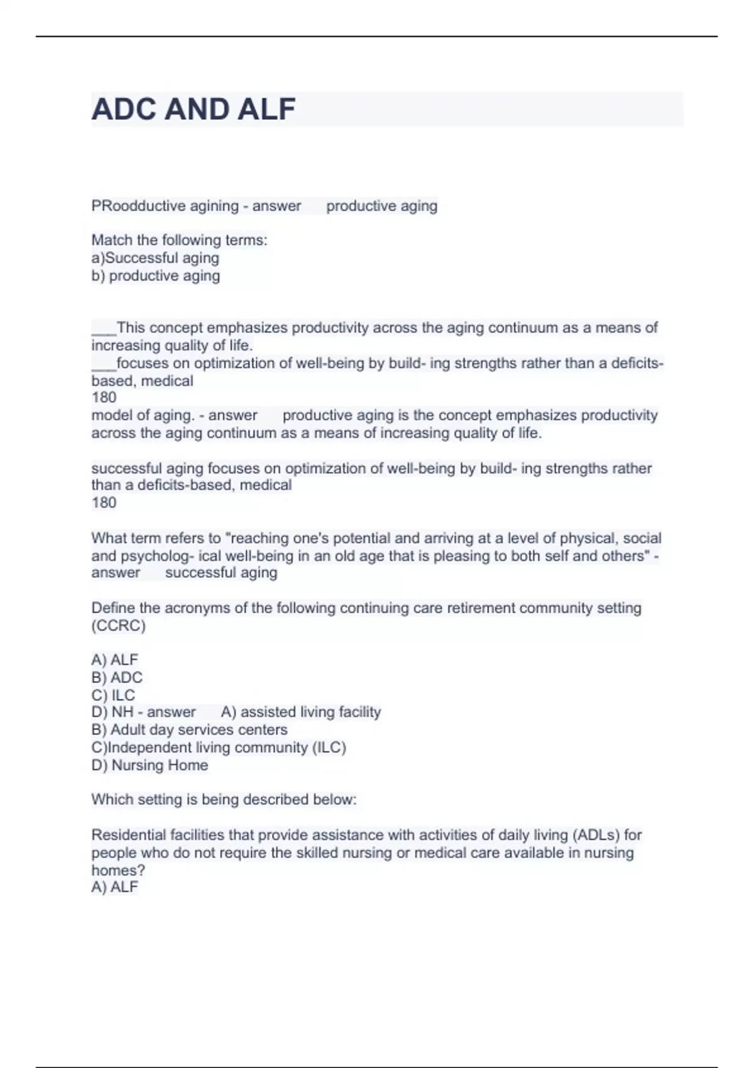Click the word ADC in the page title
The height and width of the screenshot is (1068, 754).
coord(124,109)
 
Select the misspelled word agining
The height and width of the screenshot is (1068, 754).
coord(214,206)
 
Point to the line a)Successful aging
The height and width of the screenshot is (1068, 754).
coord(155,258)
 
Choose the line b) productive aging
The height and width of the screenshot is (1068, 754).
coord(156,276)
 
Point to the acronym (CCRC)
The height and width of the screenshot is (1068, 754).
coord(118,626)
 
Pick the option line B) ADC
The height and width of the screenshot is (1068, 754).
coord(117,677)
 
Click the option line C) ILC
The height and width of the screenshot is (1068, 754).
coord(113,695)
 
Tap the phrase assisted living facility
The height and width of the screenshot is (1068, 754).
coord(310,712)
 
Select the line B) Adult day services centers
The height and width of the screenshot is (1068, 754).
coord(189,729)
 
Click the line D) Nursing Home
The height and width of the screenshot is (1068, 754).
coord(150,765)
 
